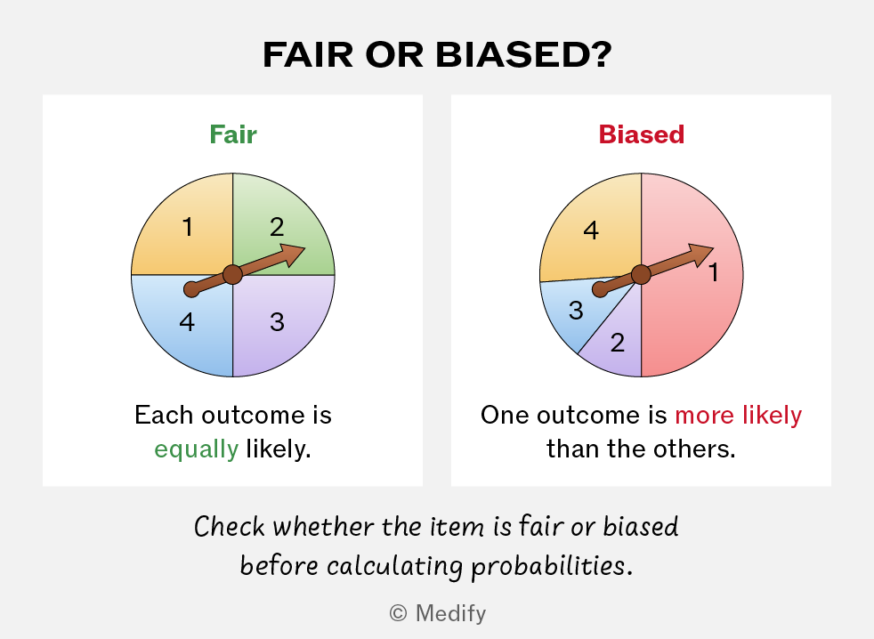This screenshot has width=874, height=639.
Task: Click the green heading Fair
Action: point(233,134)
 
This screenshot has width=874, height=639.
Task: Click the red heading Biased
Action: point(642,134)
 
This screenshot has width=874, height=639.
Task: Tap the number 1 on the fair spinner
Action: point(188,227)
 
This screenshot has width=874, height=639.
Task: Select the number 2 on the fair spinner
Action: point(277,227)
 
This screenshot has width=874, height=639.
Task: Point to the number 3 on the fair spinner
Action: point(277,322)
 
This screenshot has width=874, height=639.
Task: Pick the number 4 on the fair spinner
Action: point(187,322)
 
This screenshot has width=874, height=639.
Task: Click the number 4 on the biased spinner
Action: point(591,231)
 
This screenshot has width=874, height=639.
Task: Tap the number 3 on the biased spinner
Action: point(576,311)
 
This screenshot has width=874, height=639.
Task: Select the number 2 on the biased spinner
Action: point(617,343)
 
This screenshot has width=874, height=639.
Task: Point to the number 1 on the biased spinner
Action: point(714,272)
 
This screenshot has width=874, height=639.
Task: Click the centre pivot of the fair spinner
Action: point(232,274)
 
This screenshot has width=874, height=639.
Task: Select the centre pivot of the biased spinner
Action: point(641,274)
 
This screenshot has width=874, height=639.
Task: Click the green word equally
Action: point(196,449)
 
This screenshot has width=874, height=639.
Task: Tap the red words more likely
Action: point(739,415)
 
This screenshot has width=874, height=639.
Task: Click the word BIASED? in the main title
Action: point(523,54)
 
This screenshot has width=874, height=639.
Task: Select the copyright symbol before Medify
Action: point(398,613)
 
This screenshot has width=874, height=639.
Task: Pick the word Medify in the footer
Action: point(451,613)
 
